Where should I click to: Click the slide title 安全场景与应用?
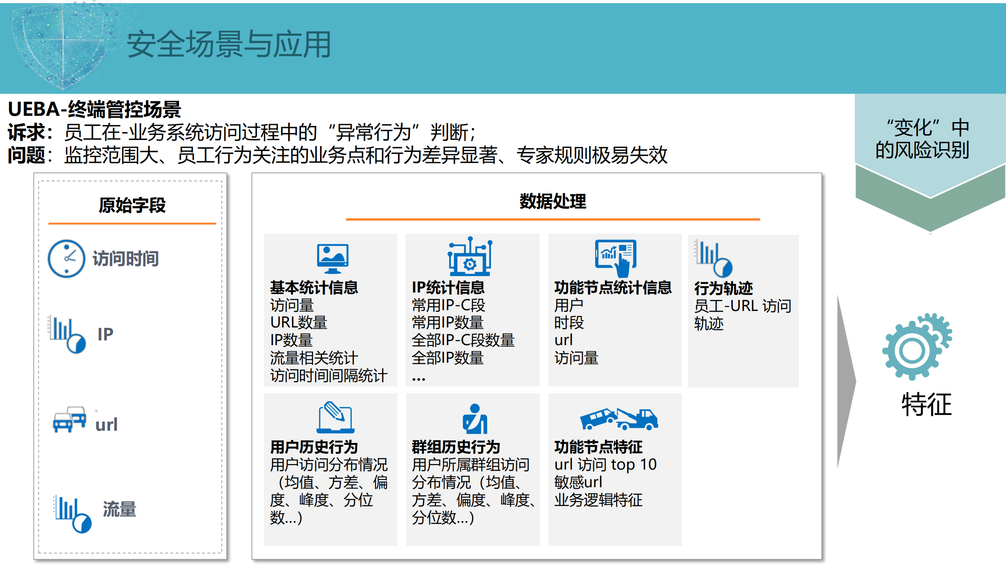point(229,44)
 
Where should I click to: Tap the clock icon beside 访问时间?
point(66,259)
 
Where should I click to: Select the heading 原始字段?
point(132,205)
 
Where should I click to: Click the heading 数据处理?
point(552,201)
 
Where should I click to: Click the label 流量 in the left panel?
point(119,509)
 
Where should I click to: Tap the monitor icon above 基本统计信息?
point(333,258)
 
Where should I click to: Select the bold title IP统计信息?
point(448,287)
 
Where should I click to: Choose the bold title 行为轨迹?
point(723,288)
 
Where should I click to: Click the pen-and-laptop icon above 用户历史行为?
point(335,417)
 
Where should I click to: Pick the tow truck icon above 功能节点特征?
point(619,419)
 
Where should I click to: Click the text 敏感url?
point(578,482)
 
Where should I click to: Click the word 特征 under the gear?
point(926,404)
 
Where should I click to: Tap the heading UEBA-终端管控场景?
point(94,109)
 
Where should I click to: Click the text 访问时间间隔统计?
point(329,375)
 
